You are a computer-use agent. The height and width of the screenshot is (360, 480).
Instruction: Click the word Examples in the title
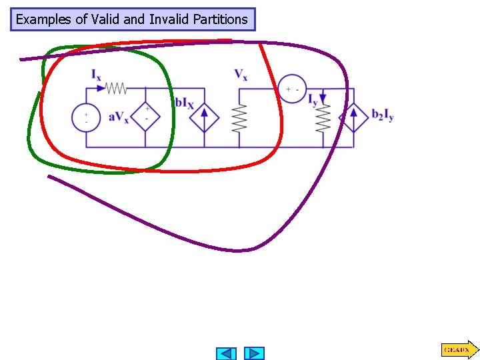(x=44, y=19)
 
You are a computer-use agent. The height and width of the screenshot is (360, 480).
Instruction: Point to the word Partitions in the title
(x=219, y=19)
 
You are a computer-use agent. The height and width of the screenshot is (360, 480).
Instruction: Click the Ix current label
(x=97, y=75)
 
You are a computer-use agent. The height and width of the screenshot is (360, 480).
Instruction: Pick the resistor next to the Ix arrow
(x=117, y=88)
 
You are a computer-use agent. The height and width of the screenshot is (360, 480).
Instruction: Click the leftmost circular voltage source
(x=86, y=118)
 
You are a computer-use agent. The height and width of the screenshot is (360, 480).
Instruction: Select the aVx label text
(x=119, y=118)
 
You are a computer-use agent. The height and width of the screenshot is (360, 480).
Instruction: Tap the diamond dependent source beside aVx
(x=146, y=117)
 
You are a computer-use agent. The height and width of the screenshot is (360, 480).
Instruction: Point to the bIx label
(x=184, y=103)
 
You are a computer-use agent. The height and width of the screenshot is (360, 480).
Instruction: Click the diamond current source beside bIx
(x=203, y=118)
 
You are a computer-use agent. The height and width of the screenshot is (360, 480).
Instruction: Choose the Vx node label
(x=241, y=75)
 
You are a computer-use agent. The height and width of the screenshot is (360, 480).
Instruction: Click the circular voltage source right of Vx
(x=292, y=89)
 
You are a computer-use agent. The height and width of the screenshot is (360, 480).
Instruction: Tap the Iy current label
(x=312, y=101)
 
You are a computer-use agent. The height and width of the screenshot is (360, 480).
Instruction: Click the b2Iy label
(x=383, y=115)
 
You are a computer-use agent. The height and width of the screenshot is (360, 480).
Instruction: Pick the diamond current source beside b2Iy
(x=354, y=118)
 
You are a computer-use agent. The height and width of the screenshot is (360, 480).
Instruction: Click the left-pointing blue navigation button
(x=227, y=353)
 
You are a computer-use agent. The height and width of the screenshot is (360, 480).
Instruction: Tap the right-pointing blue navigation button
(x=254, y=353)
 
